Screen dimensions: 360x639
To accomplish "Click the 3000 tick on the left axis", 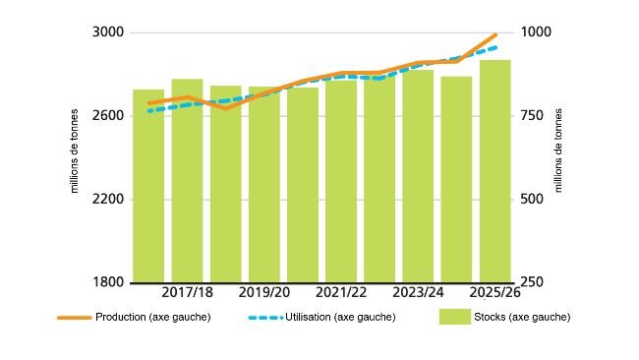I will pyautogui.click(x=107, y=32).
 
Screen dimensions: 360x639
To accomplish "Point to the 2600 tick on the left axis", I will pyautogui.click(x=107, y=116).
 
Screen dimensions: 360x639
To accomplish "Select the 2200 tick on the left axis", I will pyautogui.click(x=107, y=200).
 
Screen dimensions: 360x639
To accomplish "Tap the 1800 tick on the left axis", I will pyautogui.click(x=107, y=283).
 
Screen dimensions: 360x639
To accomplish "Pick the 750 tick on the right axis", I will pyautogui.click(x=537, y=116).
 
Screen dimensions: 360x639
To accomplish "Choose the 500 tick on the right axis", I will pyautogui.click(x=537, y=200).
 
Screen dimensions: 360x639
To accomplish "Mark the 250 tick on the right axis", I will pyautogui.click(x=537, y=283).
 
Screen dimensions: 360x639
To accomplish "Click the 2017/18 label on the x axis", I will pyautogui.click(x=187, y=293).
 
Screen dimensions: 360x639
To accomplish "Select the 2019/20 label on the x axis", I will pyautogui.click(x=264, y=293).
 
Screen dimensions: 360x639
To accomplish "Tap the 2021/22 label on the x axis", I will pyautogui.click(x=341, y=293).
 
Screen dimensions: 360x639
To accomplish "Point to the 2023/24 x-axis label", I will pyautogui.click(x=418, y=293).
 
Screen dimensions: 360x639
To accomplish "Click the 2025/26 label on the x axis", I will pyautogui.click(x=494, y=293).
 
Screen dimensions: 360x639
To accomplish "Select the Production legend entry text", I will pyautogui.click(x=152, y=317).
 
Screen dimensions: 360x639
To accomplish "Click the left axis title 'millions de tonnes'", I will pyautogui.click(x=74, y=157).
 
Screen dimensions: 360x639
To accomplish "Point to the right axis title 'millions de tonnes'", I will pyautogui.click(x=559, y=157).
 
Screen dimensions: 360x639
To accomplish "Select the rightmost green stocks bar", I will pyautogui.click(x=495, y=171).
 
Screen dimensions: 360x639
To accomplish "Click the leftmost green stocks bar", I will pyautogui.click(x=148, y=186).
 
